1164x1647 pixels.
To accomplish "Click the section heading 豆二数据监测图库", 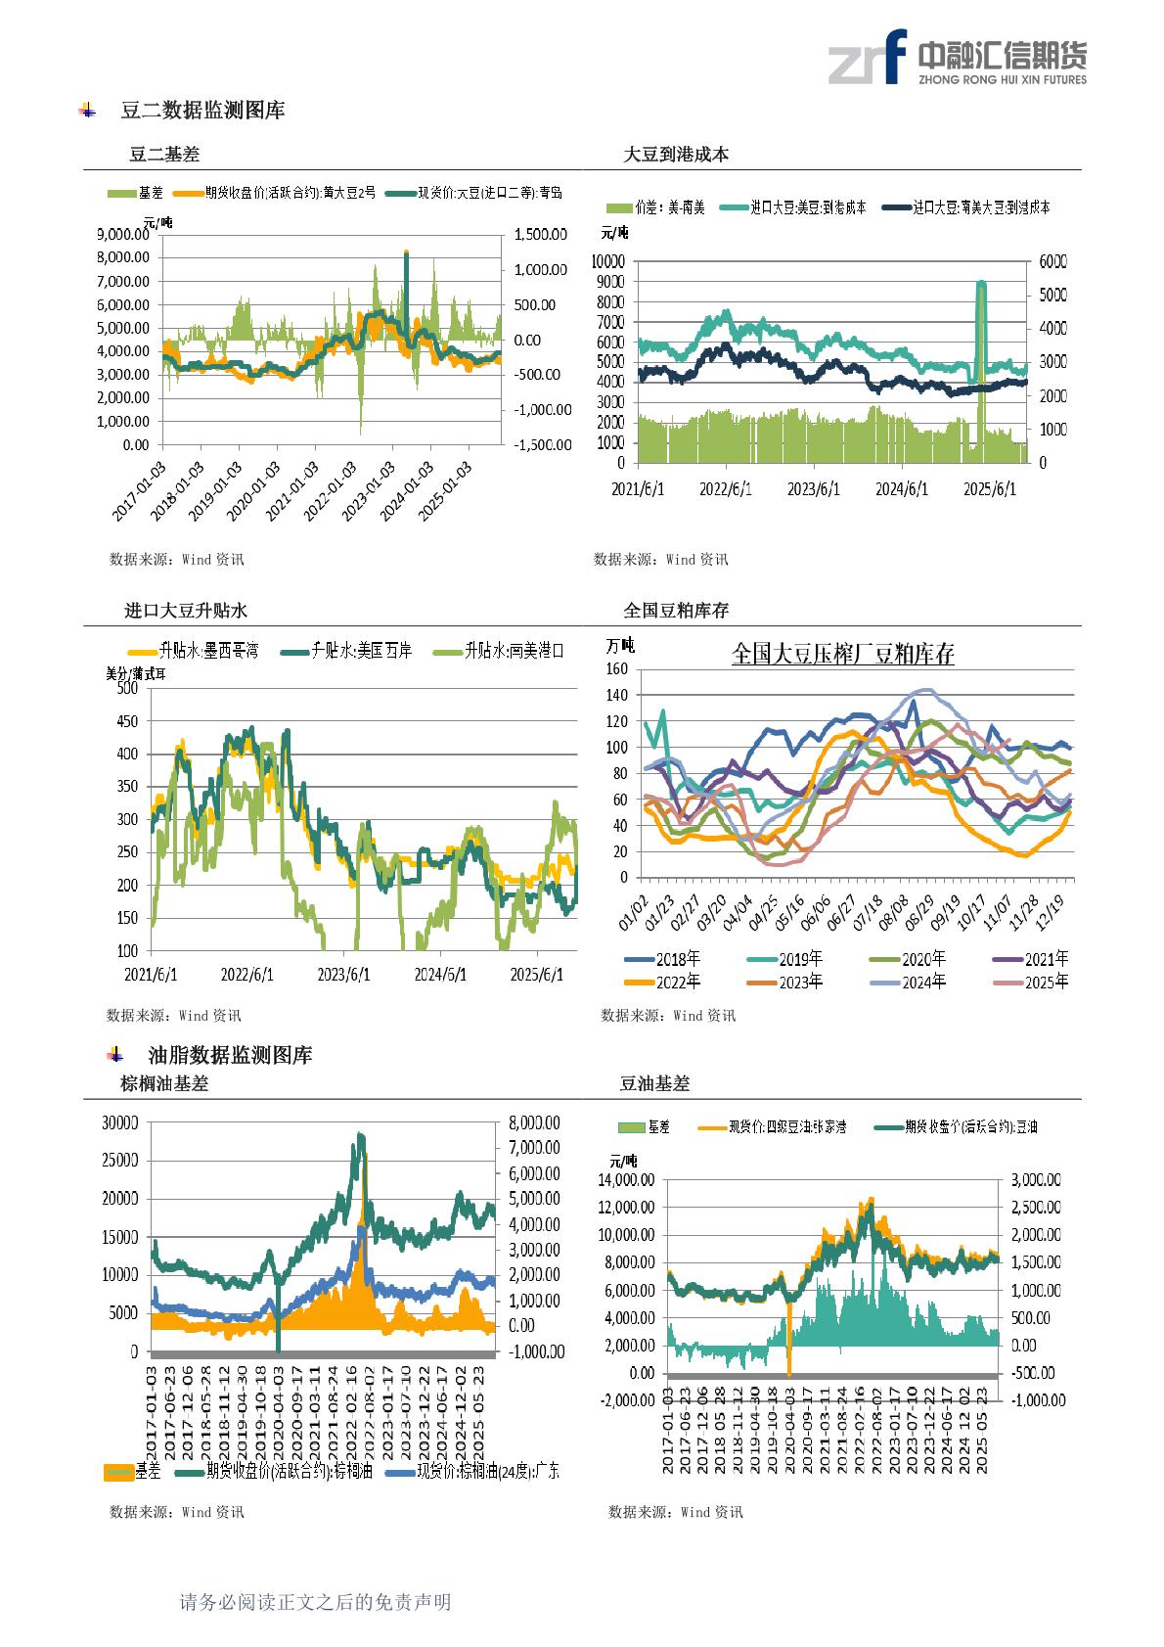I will [x=202, y=111].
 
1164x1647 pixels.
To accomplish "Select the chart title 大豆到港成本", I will [x=676, y=155].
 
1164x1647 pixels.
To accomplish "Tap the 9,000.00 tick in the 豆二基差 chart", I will [x=123, y=234].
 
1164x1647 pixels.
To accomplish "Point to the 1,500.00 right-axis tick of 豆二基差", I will [x=541, y=234].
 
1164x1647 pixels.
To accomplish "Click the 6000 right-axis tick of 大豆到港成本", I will [x=1052, y=261].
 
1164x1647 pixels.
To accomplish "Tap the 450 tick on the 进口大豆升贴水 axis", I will [x=127, y=721].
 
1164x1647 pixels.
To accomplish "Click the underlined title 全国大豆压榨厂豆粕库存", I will [x=842, y=654].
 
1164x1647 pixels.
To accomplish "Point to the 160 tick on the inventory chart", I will [x=615, y=669].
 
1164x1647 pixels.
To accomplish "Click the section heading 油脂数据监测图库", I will [x=230, y=1055].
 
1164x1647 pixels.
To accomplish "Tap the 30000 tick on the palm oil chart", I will [x=120, y=1123].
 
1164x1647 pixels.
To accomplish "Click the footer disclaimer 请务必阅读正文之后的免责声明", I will [x=316, y=1602].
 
